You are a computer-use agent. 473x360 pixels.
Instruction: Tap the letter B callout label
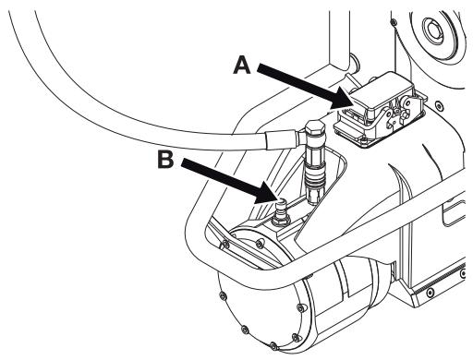(x=165, y=160)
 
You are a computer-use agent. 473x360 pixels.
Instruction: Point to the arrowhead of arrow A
(x=343, y=100)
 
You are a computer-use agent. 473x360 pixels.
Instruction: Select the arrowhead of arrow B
(x=266, y=194)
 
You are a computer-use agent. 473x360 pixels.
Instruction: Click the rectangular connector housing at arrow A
(x=380, y=109)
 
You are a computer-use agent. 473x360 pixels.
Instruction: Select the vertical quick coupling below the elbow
(x=314, y=174)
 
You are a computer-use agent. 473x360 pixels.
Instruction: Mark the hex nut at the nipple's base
(x=280, y=221)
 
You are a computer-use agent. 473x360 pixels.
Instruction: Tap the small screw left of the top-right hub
(x=393, y=21)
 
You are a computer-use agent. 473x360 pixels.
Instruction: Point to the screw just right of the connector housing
(x=439, y=105)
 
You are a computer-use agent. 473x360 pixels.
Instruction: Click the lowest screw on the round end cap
(x=273, y=345)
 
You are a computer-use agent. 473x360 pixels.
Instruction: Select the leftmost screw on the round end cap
(x=222, y=296)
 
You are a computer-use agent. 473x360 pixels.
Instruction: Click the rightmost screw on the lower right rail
(x=463, y=272)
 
